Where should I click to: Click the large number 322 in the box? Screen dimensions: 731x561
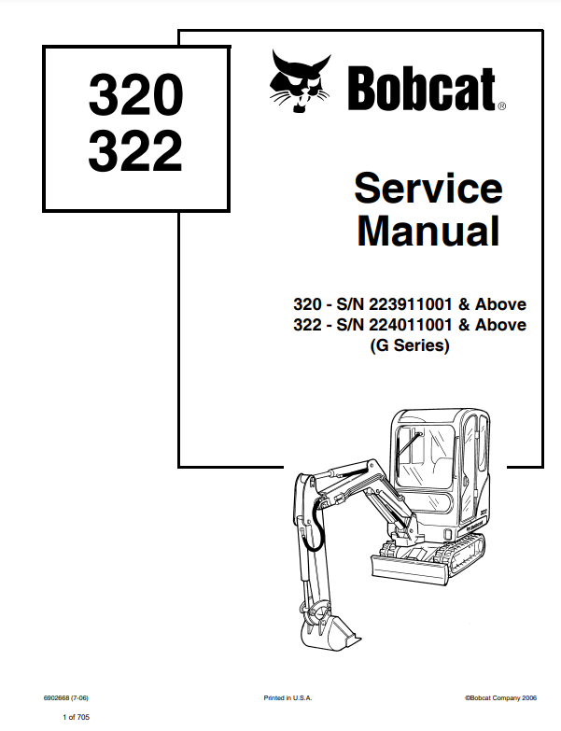(x=135, y=152)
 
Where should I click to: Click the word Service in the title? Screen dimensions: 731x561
(x=428, y=190)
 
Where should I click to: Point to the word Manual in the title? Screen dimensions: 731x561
(x=428, y=231)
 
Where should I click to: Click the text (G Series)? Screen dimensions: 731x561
(x=410, y=346)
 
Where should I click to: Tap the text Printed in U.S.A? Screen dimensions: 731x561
(x=288, y=697)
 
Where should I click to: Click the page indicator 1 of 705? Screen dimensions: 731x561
(x=76, y=716)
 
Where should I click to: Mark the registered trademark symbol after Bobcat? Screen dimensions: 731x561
(x=501, y=107)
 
